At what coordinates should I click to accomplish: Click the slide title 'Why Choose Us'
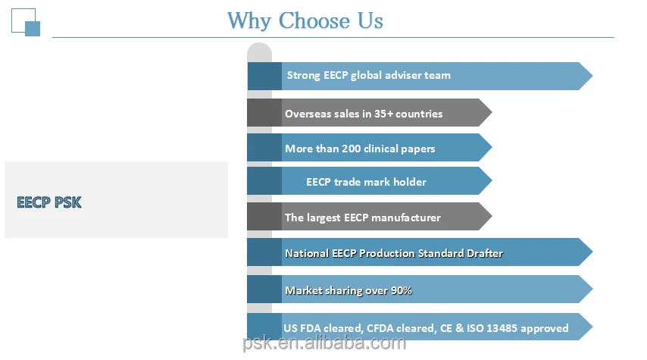tap(305, 20)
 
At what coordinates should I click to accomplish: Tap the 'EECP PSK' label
tap(49, 202)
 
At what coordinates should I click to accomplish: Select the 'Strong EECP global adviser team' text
tap(368, 75)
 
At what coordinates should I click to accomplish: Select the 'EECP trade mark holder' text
tap(366, 182)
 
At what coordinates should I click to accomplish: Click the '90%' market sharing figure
tap(400, 290)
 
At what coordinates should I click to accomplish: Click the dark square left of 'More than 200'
tap(264, 148)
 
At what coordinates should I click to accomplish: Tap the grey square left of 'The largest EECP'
tap(264, 218)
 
